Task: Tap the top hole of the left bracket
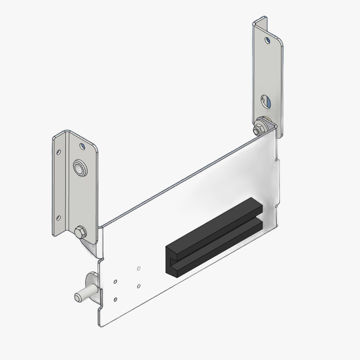83,145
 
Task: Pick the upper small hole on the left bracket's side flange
59,152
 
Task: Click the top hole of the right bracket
268,40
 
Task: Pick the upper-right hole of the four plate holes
139,269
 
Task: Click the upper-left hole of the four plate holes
115,282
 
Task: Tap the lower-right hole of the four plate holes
139,286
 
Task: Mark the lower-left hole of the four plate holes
115,300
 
